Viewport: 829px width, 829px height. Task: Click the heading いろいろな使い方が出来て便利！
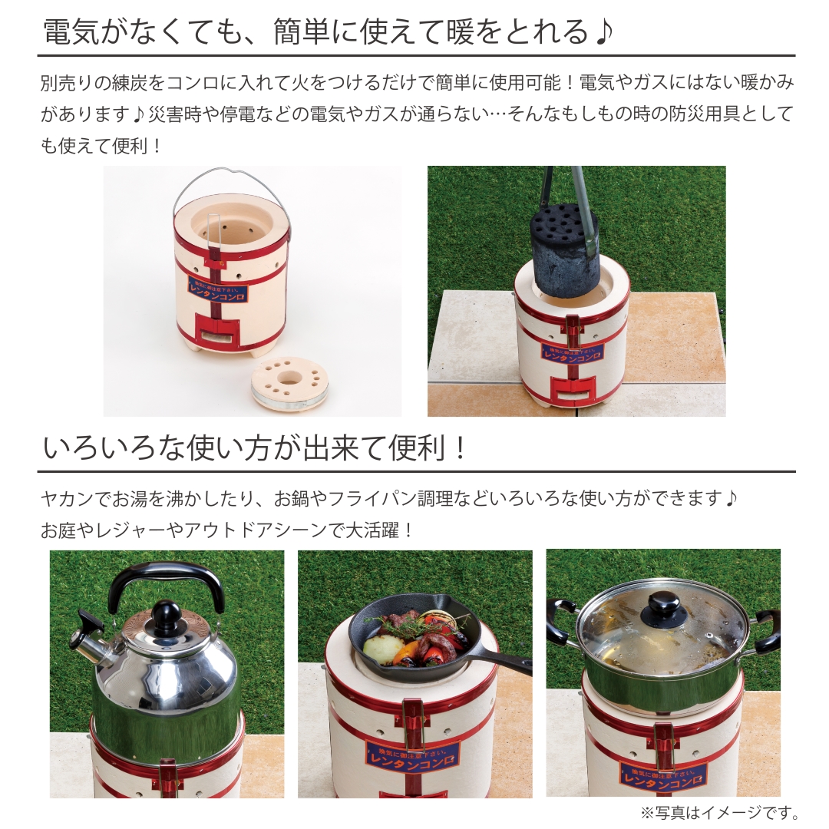255,448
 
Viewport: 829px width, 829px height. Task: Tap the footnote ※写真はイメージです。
719,813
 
